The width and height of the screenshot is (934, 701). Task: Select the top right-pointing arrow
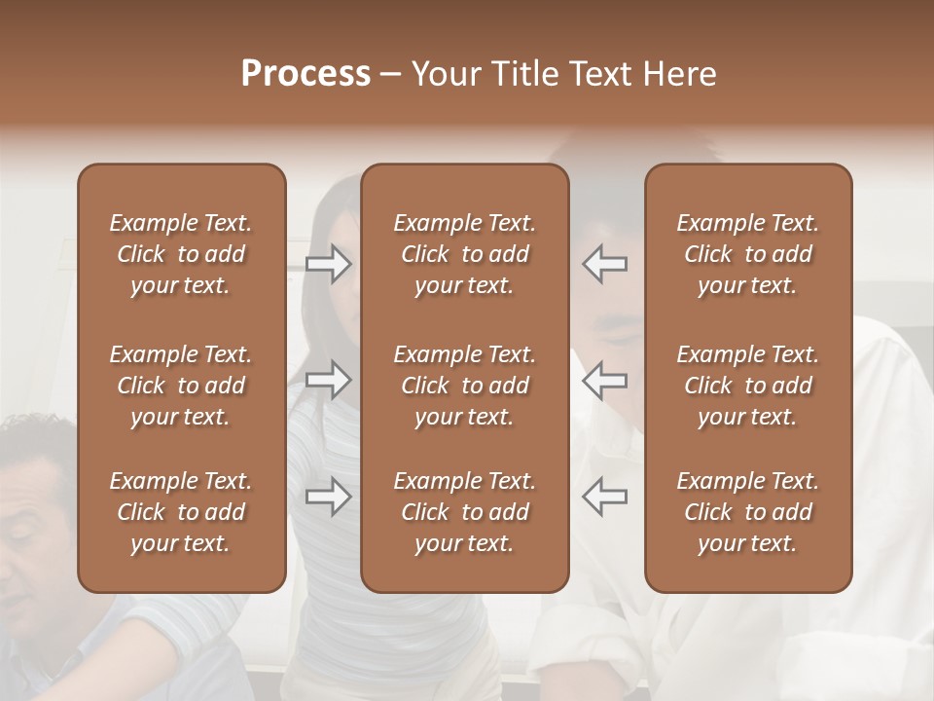tap(329, 264)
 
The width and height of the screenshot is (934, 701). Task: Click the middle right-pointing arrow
tap(329, 380)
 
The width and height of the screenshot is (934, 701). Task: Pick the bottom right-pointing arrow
tap(329, 497)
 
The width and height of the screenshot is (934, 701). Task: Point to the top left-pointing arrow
tap(604, 264)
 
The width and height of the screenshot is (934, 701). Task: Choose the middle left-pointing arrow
tap(604, 380)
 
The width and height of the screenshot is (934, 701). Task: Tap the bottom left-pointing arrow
tap(604, 497)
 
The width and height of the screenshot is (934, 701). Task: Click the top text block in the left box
tap(181, 254)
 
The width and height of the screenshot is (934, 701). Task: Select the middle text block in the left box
tap(181, 386)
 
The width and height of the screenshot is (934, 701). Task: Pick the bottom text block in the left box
tap(181, 512)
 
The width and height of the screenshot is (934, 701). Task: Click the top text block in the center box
tap(464, 254)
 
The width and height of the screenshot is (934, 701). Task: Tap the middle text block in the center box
tap(464, 386)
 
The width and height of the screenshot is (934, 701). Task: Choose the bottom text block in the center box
tap(464, 512)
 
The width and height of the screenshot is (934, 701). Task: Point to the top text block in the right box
tap(747, 254)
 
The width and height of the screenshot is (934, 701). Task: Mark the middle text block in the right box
tap(747, 386)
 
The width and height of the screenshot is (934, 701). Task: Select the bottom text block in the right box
tap(747, 512)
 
